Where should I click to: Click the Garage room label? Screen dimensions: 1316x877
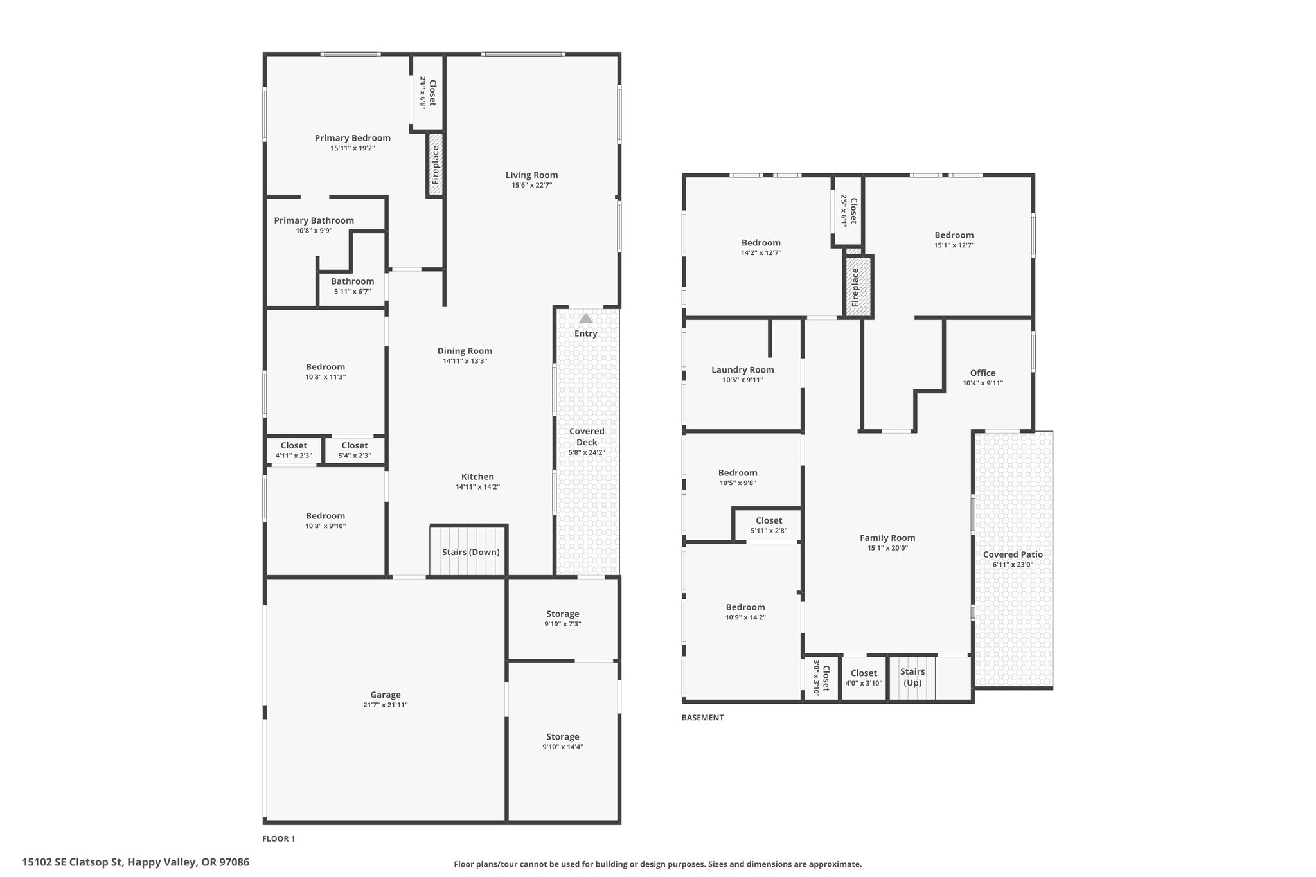[x=386, y=695]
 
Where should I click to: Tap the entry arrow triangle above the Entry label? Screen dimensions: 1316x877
[x=585, y=318]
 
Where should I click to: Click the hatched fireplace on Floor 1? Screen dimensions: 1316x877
[x=436, y=164]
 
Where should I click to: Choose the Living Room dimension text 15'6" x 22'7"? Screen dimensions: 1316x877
[x=531, y=186]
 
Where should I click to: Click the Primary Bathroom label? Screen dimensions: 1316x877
[x=314, y=220]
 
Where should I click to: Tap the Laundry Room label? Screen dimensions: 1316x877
[x=743, y=369]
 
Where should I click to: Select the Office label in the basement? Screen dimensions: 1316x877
[x=983, y=373]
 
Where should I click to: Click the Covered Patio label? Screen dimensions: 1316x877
[x=1013, y=554]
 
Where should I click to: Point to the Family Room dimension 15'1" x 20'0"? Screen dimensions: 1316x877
[x=887, y=549]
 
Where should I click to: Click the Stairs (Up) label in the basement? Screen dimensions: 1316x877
[x=912, y=677]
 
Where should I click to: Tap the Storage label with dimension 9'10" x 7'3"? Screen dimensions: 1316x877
[x=563, y=614]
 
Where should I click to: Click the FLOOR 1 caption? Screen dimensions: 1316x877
[x=279, y=838]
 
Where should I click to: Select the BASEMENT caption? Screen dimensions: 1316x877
[x=702, y=718]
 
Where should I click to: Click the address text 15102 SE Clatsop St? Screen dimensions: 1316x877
[x=72, y=862]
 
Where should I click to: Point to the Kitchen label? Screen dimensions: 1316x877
[x=477, y=477]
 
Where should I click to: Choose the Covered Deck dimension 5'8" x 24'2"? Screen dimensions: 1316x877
[x=587, y=452]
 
